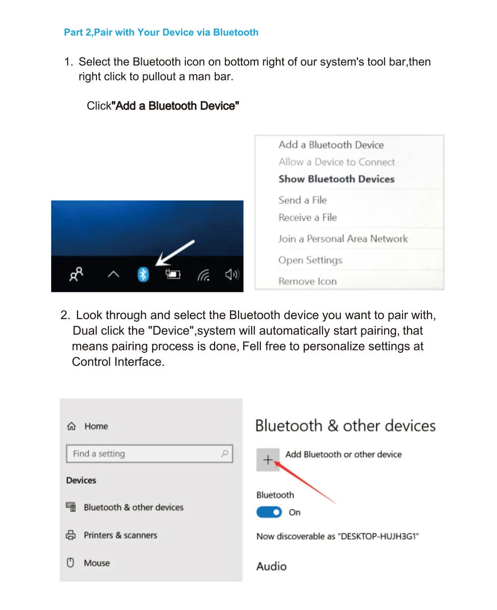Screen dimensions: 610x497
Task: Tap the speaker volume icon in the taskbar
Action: (232, 274)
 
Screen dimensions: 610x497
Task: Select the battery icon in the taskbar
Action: (173, 274)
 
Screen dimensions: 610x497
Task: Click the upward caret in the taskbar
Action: (113, 274)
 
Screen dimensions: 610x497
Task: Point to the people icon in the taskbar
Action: (76, 274)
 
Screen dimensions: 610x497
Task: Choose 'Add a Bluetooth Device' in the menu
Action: (331, 145)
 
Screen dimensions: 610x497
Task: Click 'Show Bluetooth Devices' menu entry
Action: (336, 179)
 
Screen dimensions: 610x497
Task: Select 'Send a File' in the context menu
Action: (303, 200)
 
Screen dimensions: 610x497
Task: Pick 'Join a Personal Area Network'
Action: (343, 239)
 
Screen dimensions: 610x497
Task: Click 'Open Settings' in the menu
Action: (310, 260)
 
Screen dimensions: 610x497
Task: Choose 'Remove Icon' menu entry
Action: (308, 281)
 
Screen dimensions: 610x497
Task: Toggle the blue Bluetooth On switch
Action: (269, 512)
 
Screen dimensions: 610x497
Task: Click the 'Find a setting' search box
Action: (144, 454)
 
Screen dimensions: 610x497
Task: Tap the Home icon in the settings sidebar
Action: (72, 426)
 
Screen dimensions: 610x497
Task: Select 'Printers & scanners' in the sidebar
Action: (120, 535)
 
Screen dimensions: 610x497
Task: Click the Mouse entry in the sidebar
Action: (96, 563)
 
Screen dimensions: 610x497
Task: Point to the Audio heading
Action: (271, 566)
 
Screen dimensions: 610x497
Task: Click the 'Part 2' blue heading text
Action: (161, 33)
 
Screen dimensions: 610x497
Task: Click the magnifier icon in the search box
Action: (225, 453)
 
